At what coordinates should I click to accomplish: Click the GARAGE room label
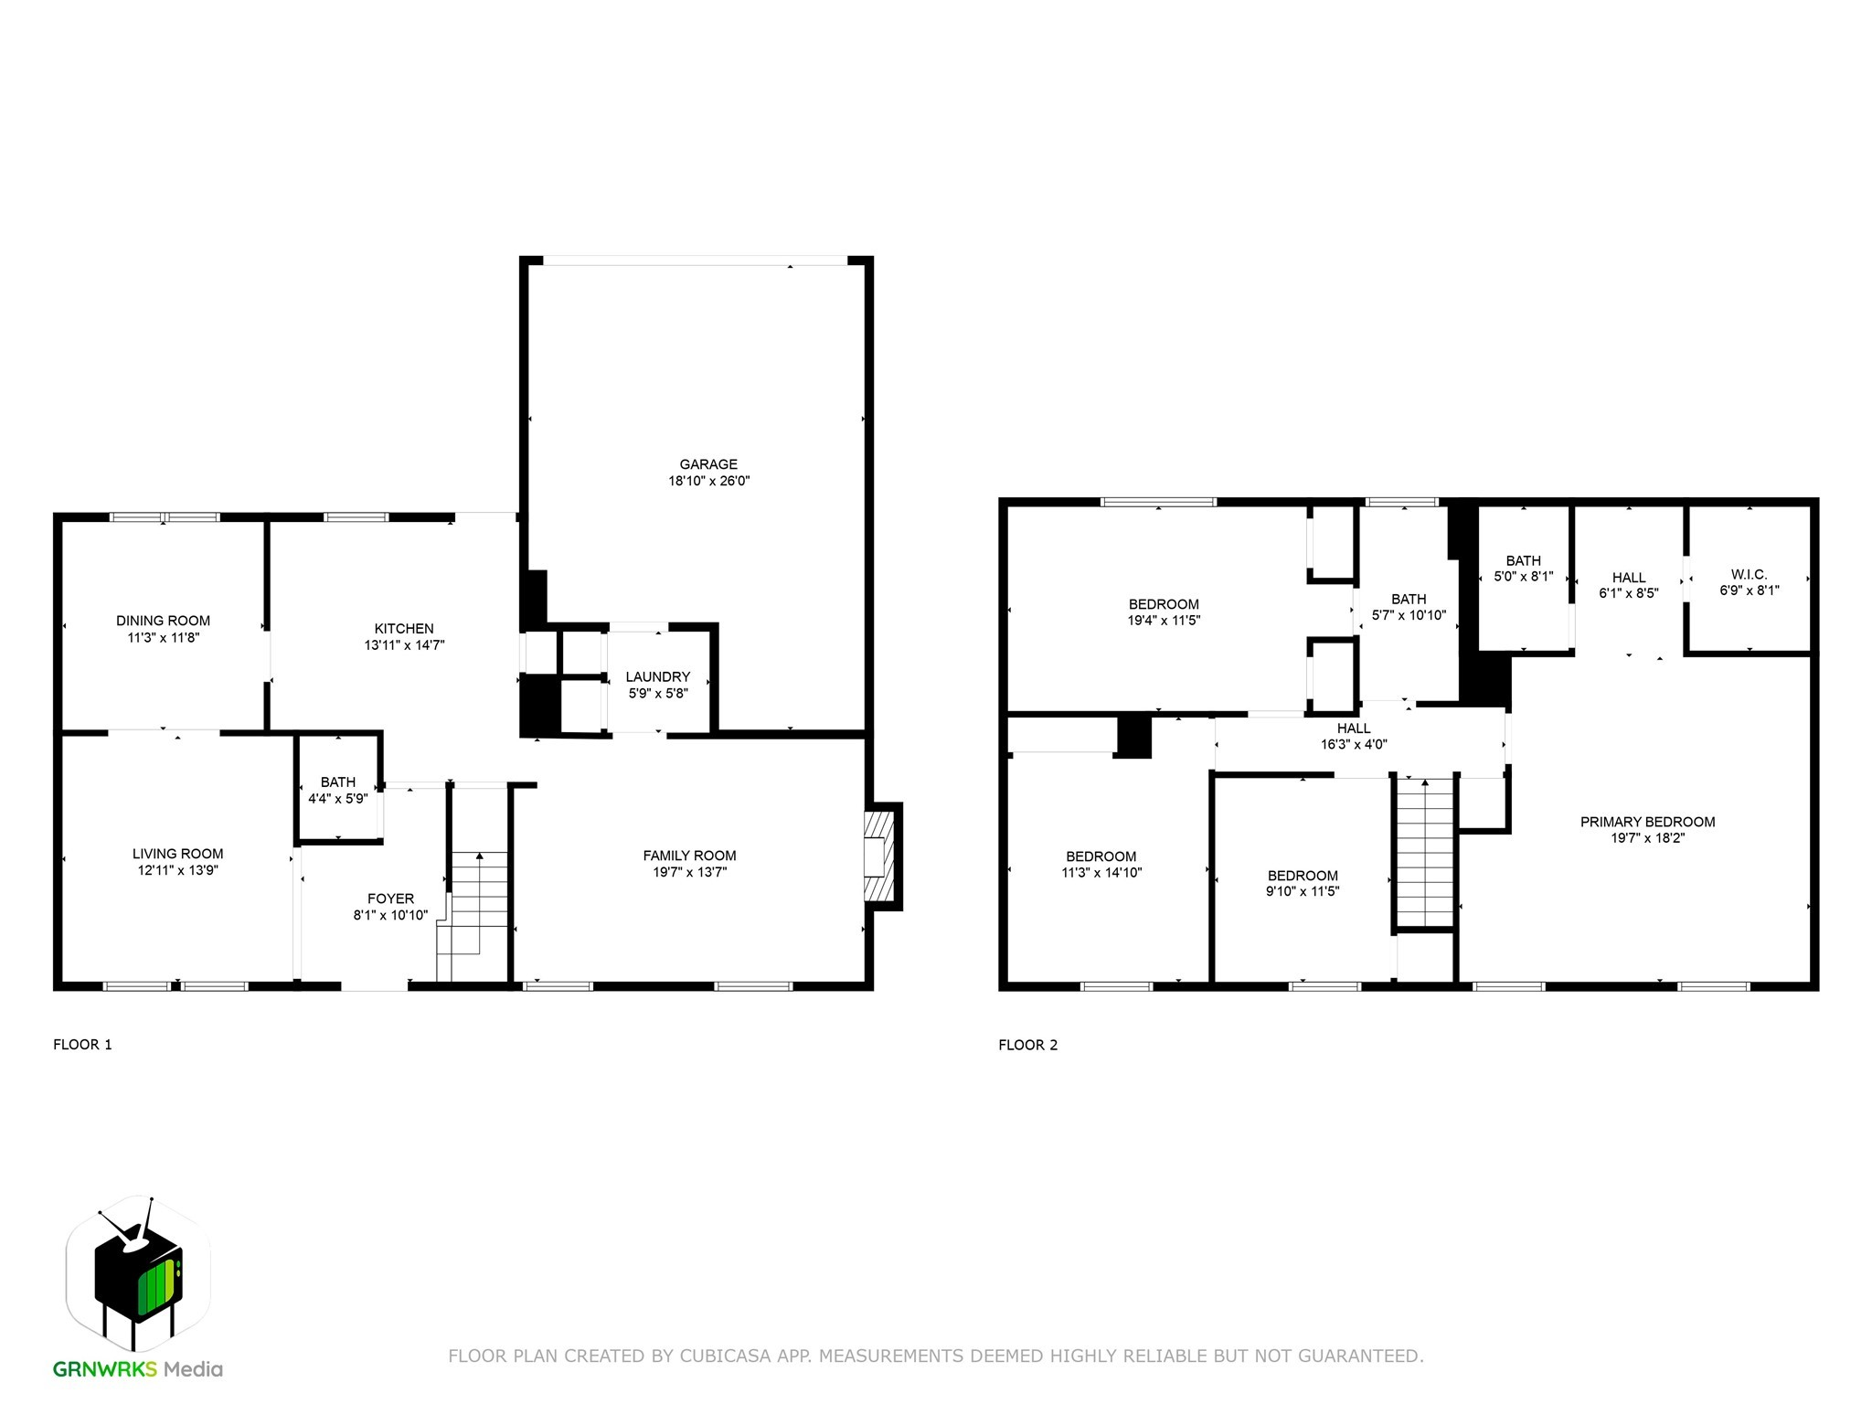tap(707, 464)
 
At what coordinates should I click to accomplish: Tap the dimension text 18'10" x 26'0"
tap(707, 481)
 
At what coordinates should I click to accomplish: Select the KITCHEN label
tap(404, 629)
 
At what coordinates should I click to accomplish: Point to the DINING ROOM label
tap(163, 621)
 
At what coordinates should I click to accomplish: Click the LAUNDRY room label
tap(657, 677)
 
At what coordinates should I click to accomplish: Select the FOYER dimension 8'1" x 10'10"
tap(390, 915)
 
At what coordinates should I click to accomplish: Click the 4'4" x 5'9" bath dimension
tap(337, 799)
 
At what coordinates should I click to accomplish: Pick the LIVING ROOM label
tap(177, 854)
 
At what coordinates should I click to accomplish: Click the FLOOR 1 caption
tap(82, 1045)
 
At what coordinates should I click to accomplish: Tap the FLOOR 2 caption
tap(1027, 1045)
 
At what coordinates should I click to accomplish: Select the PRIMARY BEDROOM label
tap(1647, 822)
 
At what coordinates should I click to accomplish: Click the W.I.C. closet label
tap(1749, 574)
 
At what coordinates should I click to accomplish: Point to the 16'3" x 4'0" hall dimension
tap(1354, 744)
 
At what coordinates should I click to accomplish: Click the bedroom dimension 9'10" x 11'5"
tap(1302, 891)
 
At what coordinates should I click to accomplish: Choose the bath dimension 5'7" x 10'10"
tap(1409, 615)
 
